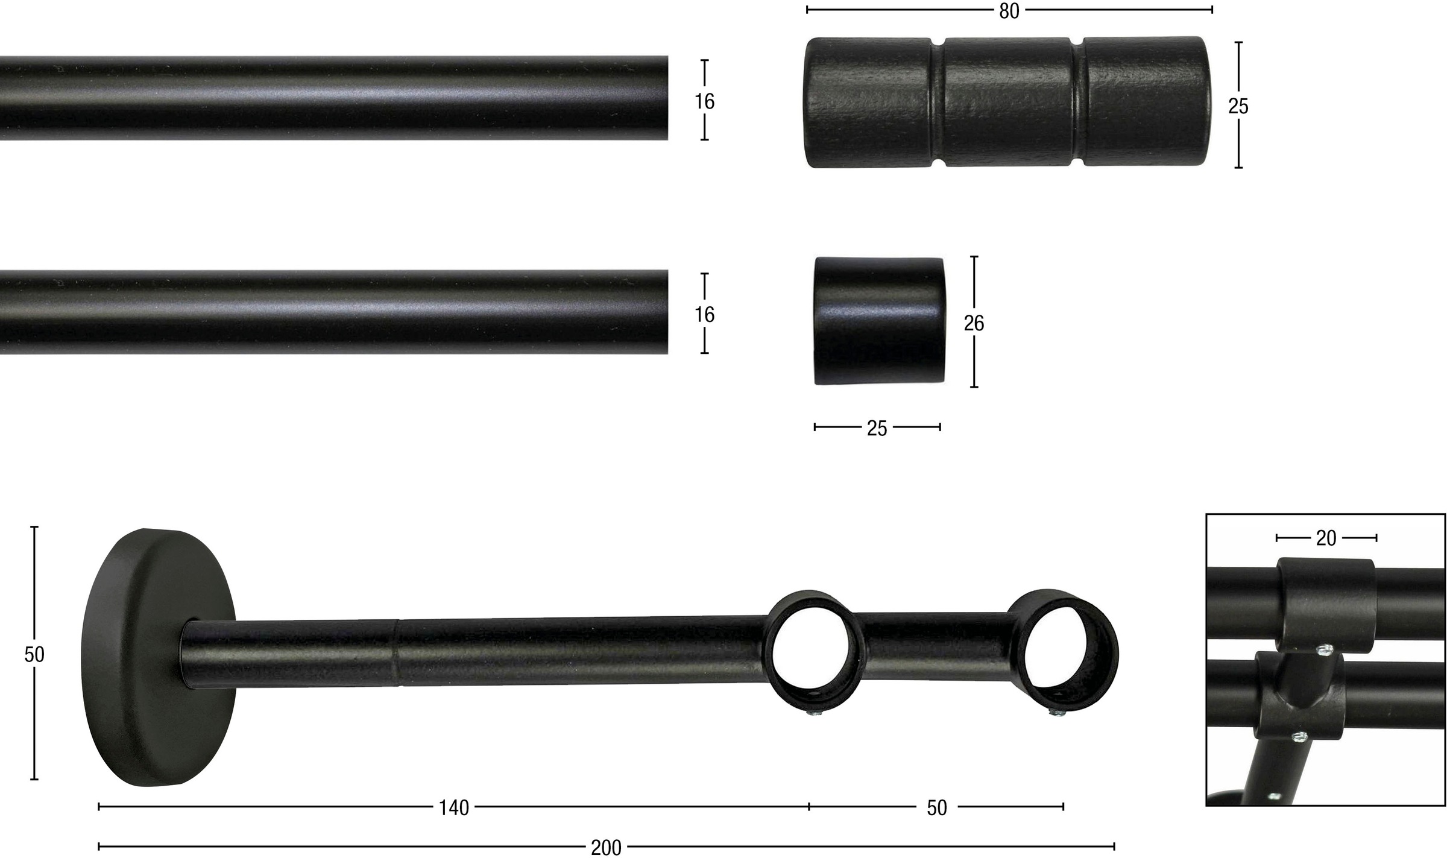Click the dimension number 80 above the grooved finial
pos(1009,11)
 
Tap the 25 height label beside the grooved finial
pos(1238,106)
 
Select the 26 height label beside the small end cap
pos(974,324)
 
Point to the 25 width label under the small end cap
pos(877,428)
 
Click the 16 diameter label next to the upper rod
pos(704,101)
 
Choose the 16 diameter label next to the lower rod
pos(704,314)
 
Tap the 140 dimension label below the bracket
pos(453,808)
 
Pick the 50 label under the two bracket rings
pos(937,808)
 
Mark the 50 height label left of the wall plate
pos(34,654)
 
